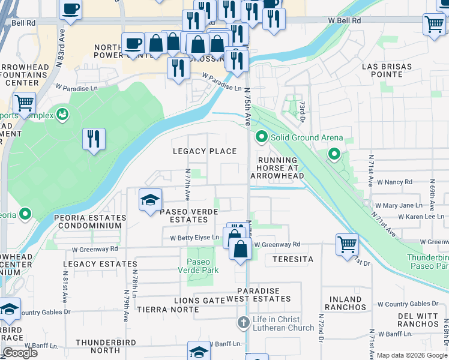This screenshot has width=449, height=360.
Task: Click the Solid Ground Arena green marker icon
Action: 261,137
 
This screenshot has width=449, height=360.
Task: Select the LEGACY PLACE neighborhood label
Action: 205,151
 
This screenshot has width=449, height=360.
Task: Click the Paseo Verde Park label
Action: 199,266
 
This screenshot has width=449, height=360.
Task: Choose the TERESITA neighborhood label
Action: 293,259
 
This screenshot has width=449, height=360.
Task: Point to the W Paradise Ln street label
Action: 221,83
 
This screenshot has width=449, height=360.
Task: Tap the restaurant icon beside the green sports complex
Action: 94,139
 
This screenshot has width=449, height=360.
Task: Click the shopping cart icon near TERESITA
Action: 347,244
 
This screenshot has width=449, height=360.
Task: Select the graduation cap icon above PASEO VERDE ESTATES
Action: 150,200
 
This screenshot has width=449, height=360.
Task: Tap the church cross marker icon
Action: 243,323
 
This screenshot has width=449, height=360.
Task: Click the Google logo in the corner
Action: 20,353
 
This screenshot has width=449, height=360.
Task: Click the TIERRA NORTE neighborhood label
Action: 167,310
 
